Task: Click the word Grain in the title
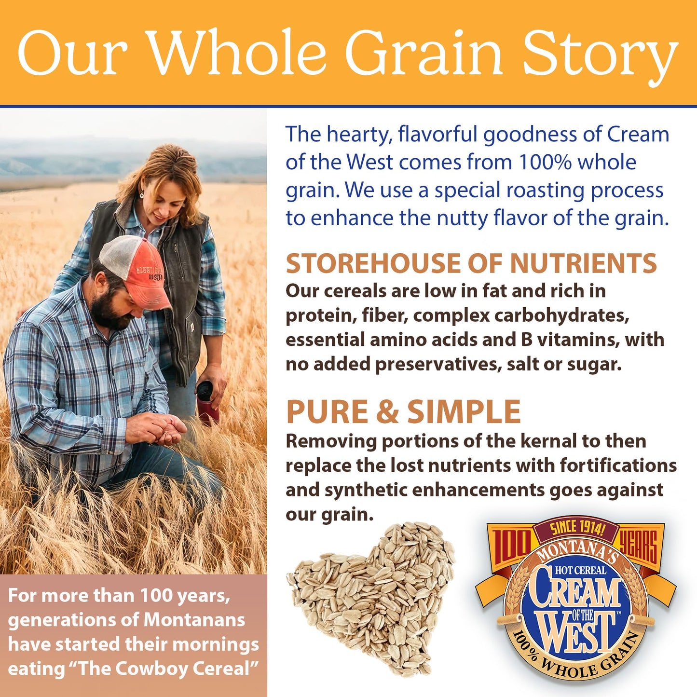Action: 424,53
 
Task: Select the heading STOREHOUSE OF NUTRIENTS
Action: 471,263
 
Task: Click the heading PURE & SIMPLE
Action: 403,412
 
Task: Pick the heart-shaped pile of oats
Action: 371,598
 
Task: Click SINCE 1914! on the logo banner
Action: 577,528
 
